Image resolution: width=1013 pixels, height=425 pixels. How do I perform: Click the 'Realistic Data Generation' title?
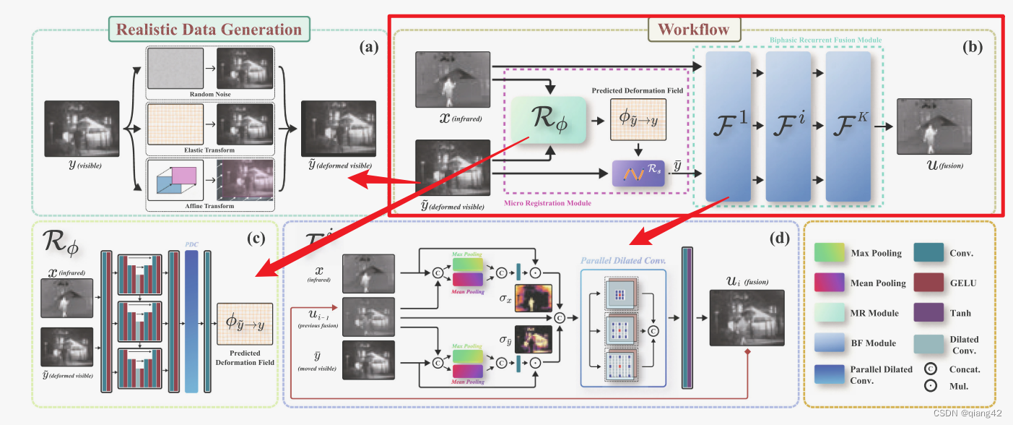coord(209,30)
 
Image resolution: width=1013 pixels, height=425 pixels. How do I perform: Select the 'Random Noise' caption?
coord(210,94)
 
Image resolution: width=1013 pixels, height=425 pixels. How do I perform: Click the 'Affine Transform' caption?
coord(210,207)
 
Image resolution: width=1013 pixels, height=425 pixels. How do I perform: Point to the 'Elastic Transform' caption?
coord(210,150)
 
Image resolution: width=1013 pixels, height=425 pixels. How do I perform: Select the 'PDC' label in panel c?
coord(191,244)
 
